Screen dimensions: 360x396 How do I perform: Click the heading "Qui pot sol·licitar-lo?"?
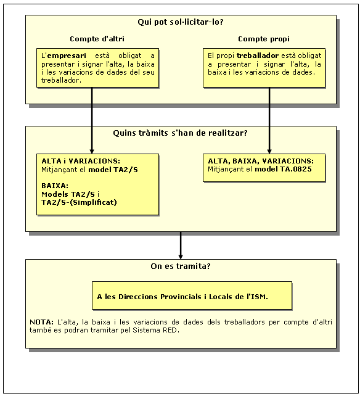(181, 22)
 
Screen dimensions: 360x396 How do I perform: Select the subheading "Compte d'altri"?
(97, 39)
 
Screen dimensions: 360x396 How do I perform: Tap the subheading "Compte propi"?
(264, 39)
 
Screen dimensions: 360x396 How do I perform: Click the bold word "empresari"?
(67, 56)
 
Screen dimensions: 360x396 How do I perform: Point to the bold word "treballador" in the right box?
(258, 56)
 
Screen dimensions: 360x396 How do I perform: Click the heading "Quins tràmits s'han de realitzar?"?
(180, 133)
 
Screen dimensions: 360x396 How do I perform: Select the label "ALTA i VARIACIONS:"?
(81, 161)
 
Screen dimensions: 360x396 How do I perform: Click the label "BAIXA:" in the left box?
(55, 186)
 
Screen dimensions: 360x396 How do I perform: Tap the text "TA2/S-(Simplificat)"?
(79, 202)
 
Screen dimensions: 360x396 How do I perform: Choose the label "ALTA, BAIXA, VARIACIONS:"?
(261, 161)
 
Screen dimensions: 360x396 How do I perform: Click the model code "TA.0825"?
(296, 169)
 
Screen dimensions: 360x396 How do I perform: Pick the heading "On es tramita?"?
(181, 266)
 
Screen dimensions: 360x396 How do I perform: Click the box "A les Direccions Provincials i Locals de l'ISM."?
(192, 295)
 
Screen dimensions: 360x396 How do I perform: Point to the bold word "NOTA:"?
(41, 322)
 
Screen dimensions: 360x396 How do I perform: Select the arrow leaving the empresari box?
(92, 120)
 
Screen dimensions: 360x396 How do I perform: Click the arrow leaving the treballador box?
(269, 120)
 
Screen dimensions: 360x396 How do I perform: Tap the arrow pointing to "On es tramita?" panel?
(181, 245)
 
